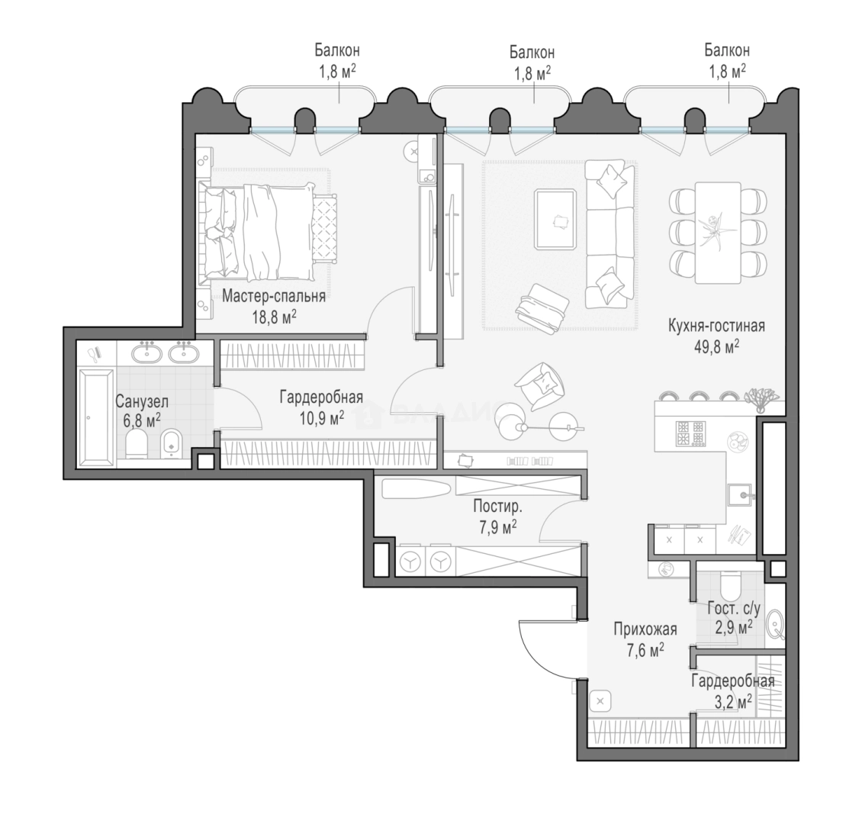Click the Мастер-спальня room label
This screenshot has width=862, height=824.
click(273, 297)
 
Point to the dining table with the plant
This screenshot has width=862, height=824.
click(718, 233)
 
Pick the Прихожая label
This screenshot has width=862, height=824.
click(645, 629)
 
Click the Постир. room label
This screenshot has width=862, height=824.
click(497, 507)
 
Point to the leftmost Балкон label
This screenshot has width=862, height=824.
click(337, 50)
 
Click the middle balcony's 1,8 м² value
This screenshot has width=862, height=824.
click(532, 73)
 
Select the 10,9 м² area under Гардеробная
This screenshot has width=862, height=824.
click(322, 419)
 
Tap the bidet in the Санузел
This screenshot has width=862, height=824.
click(172, 443)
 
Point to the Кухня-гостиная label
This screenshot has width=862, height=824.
click(716, 326)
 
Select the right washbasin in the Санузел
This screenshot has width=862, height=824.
click(185, 352)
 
